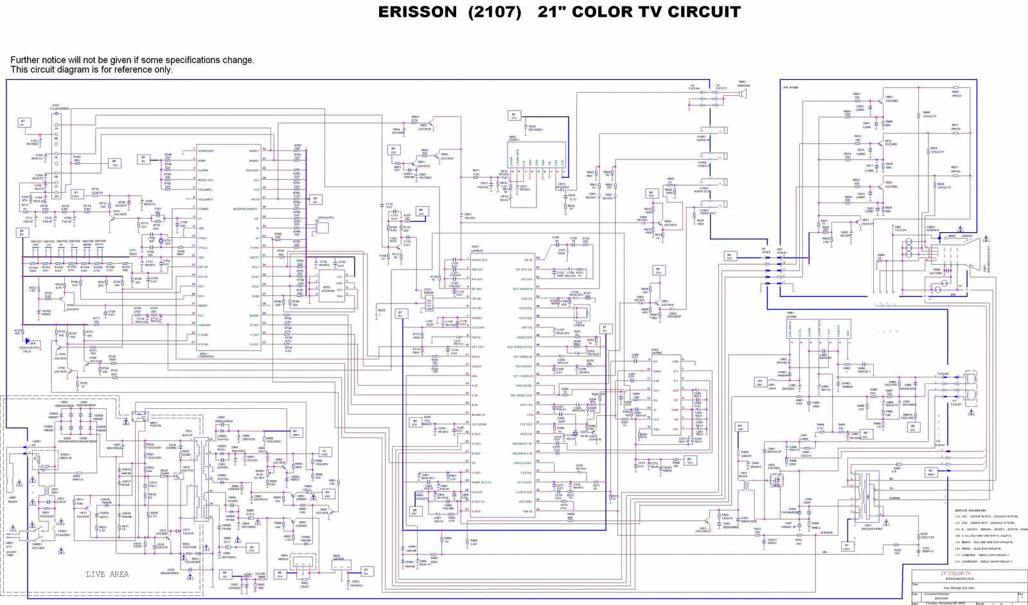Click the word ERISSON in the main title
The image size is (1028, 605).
pos(417,12)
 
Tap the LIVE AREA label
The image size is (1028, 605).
pos(107,574)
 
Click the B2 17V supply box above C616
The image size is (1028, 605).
pos(513,116)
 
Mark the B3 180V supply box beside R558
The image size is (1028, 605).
pos(296,432)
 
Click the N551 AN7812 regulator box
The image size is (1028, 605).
pos(285,559)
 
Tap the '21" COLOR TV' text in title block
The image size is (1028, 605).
pos(955,573)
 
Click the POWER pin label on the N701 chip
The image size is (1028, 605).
pos(203,209)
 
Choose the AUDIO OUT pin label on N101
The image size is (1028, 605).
pos(480,260)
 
